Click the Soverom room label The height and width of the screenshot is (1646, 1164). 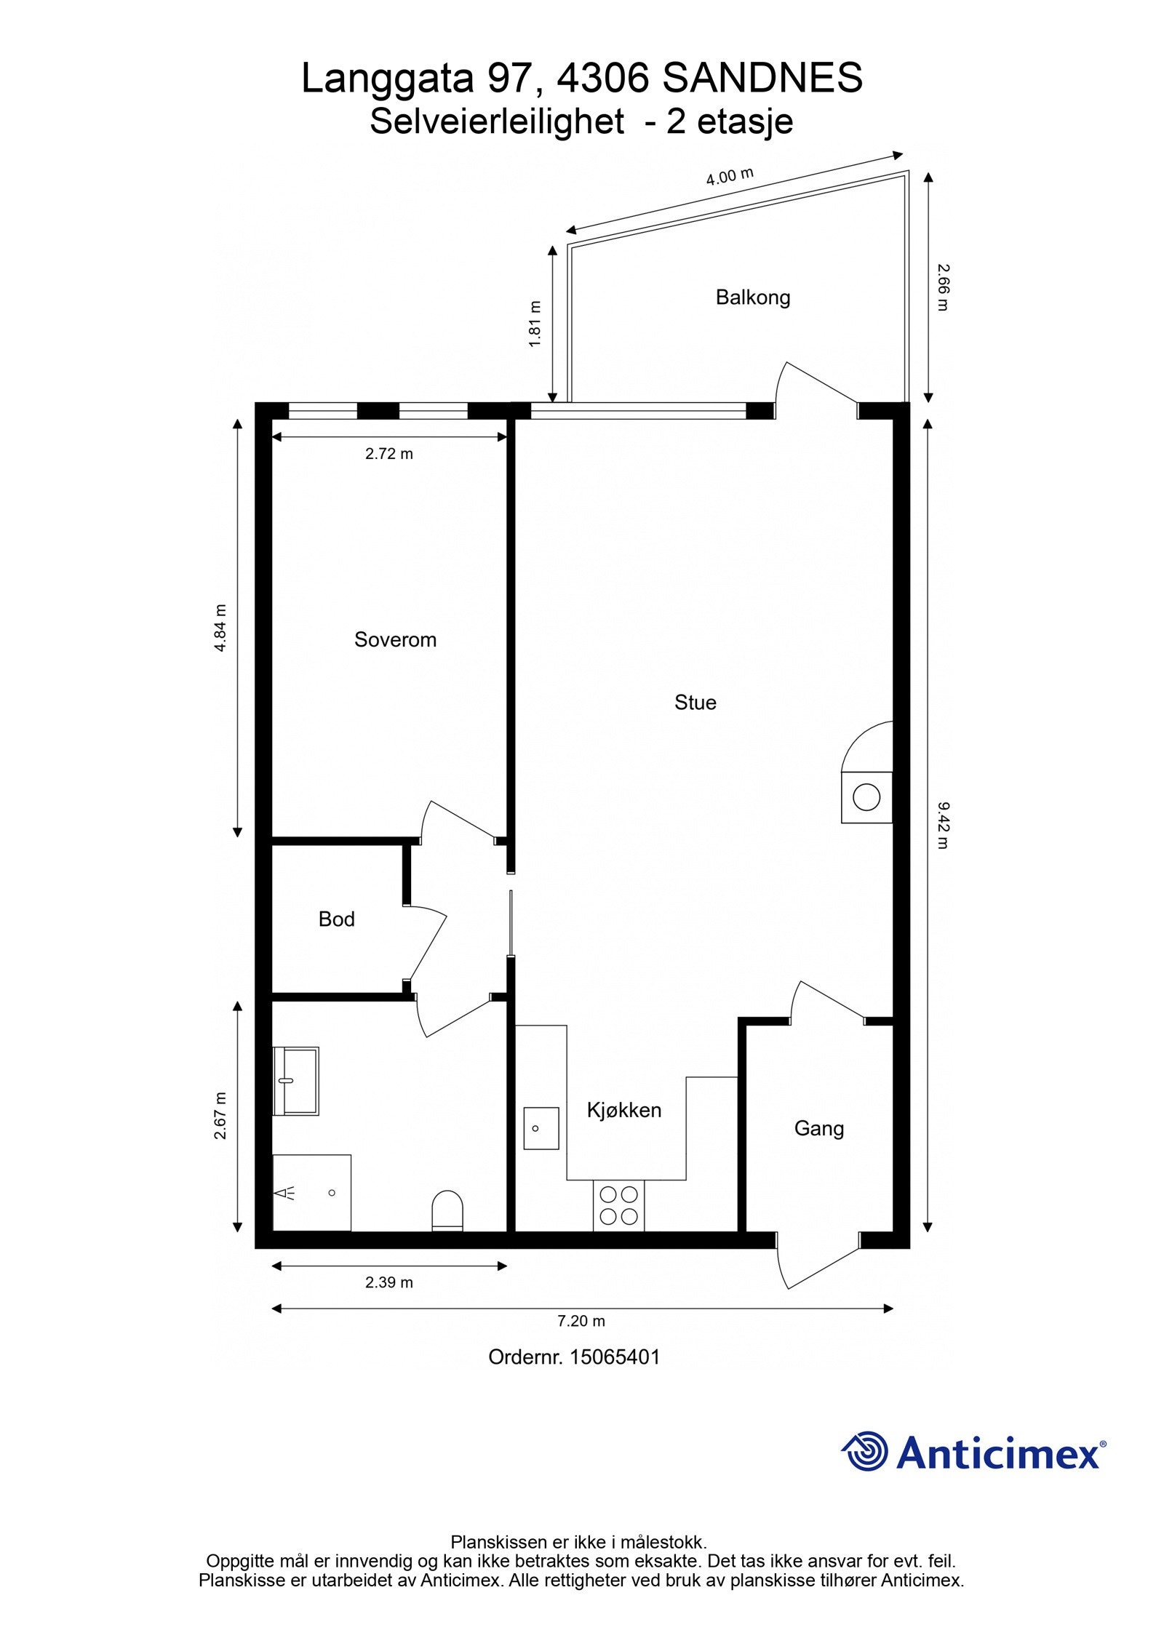click(x=395, y=639)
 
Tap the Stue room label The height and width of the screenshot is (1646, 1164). click(x=695, y=702)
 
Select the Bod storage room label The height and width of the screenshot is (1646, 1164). click(x=336, y=919)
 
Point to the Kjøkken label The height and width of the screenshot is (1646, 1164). click(x=623, y=1110)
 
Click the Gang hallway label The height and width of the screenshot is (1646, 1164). click(x=818, y=1128)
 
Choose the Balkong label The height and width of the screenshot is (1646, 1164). click(x=752, y=297)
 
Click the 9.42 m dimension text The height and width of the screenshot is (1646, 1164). click(x=942, y=826)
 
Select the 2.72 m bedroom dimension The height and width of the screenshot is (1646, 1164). click(x=388, y=454)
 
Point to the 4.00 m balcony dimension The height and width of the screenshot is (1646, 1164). click(x=729, y=177)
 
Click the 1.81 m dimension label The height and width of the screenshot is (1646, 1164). click(x=535, y=324)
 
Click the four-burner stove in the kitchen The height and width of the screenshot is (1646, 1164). click(x=618, y=1205)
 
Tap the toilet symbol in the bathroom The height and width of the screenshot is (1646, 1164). click(x=447, y=1210)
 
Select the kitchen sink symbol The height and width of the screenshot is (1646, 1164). click(x=541, y=1128)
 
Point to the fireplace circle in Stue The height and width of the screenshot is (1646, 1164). click(x=866, y=796)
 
